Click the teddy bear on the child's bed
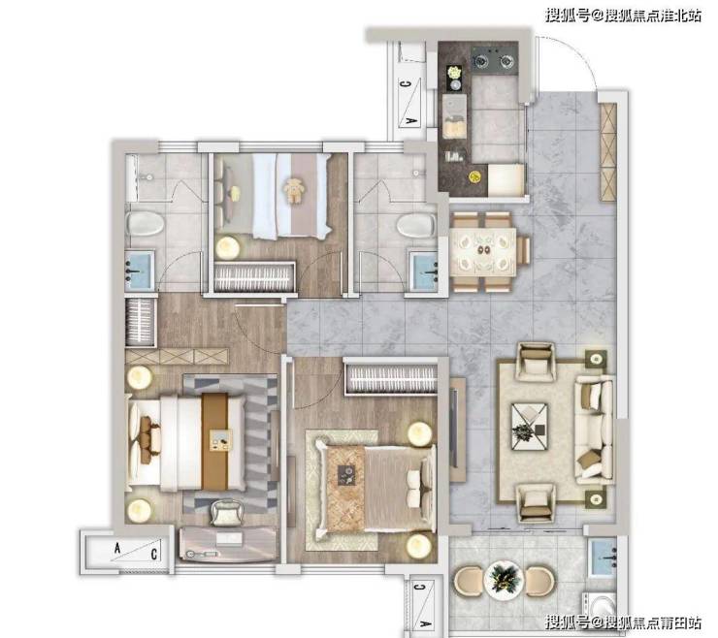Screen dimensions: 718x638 coord(294,190)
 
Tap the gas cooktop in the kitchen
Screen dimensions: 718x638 coord(495,58)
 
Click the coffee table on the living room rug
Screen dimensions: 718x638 coord(529,426)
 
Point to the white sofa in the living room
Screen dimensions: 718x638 coord(595,430)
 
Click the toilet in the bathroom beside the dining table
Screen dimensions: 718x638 coord(416,225)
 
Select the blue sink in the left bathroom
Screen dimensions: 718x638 coord(140,270)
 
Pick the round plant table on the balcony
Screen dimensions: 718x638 coord(504,581)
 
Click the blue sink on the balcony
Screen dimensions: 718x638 coord(604,558)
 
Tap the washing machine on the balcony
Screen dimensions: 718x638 coord(601,606)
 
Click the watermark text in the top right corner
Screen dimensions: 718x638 coord(623,16)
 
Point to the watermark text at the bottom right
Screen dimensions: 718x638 coord(623,622)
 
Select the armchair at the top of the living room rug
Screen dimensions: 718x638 coord(536,361)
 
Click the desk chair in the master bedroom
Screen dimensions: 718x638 coord(226,513)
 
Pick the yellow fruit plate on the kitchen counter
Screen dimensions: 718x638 coord(474,175)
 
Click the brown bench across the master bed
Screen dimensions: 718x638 coord(215,442)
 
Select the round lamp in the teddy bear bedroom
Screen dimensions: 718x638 coord(228,247)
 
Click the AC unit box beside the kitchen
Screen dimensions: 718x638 coord(410,102)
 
